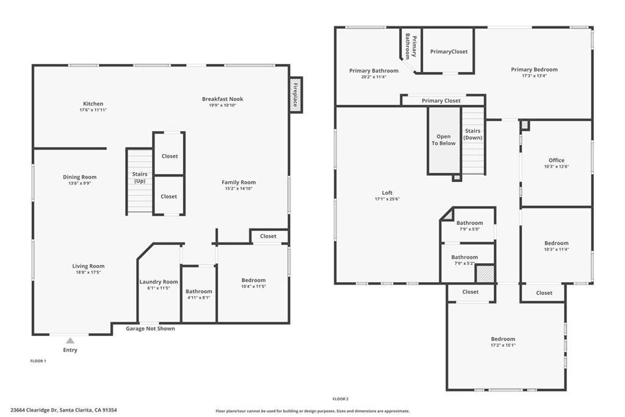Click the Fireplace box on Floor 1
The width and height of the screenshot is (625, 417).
[296, 95]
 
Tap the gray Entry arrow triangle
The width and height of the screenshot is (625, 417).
[70, 341]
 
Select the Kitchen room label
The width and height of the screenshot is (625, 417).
[93, 104]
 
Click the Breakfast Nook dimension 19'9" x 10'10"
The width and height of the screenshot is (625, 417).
[222, 105]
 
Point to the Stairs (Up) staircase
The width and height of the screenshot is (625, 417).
[140, 181]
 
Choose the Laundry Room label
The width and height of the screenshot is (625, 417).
[159, 282]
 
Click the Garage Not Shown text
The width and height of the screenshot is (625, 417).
[150, 328]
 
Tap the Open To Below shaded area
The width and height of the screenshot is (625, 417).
[444, 140]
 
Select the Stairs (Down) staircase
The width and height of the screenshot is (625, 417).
[473, 140]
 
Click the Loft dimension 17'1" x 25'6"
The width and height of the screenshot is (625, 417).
[387, 199]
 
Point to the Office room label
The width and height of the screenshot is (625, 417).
[557, 160]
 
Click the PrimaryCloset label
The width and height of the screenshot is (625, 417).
[449, 51]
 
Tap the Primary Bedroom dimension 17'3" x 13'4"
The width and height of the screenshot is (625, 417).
[534, 76]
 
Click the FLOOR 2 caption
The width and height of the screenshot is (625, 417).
[341, 399]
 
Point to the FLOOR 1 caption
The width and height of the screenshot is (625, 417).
[38, 361]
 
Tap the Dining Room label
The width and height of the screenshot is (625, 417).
[80, 177]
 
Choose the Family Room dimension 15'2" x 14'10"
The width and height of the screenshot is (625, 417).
[239, 189]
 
